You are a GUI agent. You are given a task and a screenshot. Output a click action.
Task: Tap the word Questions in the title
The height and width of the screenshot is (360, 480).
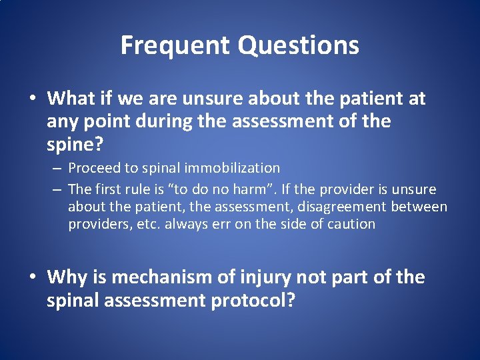299,45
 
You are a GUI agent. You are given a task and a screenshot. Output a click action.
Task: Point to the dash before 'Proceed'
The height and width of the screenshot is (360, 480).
57,169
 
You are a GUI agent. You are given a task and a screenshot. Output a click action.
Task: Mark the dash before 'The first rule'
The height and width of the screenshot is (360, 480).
57,190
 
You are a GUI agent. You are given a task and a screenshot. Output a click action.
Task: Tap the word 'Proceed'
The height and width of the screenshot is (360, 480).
94,168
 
